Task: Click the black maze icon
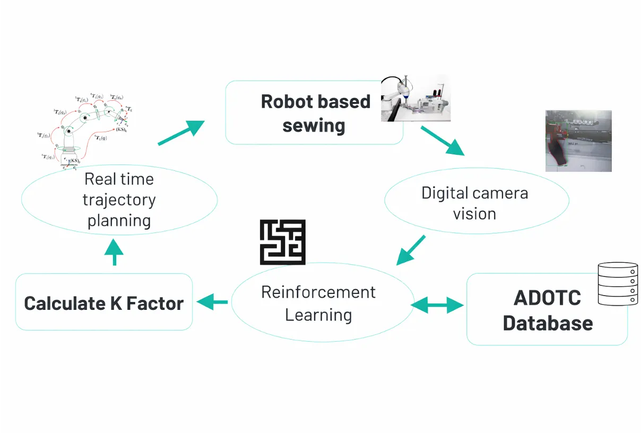point(282,242)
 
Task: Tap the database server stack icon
point(618,283)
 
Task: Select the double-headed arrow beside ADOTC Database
point(438,305)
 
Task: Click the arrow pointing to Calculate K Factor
point(212,302)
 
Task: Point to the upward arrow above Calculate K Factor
point(114,253)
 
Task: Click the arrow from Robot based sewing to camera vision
point(443,141)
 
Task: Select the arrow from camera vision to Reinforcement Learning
point(411,250)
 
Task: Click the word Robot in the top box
point(286,101)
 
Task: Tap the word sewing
point(314,126)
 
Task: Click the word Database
point(548,323)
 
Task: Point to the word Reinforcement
point(318,292)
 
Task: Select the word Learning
point(318,315)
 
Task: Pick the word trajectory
point(119,200)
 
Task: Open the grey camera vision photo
point(578,141)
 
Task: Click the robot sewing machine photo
point(415,98)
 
